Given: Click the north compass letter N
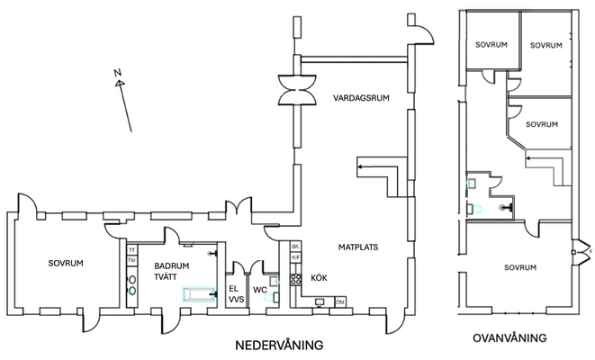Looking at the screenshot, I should pos(117,73).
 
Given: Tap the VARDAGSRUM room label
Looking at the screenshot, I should pos(360,97).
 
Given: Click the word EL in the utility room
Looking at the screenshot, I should pos(233,288).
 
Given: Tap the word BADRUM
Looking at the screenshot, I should pos(171,266).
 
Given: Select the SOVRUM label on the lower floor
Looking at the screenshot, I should pos(66,264).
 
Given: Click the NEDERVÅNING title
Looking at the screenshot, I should pos(278,346).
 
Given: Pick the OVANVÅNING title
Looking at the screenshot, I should pos(510,337).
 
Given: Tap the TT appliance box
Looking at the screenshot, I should pos(131,249).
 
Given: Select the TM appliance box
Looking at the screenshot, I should pos(131,261).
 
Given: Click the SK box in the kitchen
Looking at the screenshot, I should pos(294,247).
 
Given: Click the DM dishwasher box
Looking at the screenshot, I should pos(339,301).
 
